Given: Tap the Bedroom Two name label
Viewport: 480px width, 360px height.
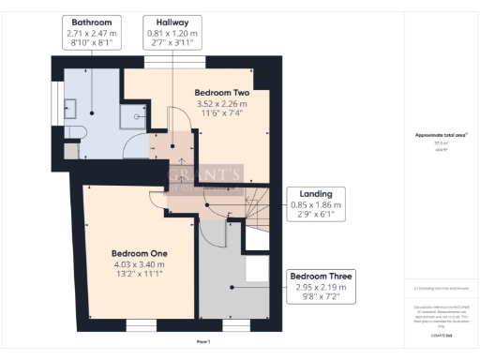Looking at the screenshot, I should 220,93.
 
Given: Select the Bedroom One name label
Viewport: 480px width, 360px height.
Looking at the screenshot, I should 140,253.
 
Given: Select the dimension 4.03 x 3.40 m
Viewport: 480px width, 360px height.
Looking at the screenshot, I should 140,263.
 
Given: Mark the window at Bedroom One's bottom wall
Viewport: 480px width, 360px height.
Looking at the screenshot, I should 140,325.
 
